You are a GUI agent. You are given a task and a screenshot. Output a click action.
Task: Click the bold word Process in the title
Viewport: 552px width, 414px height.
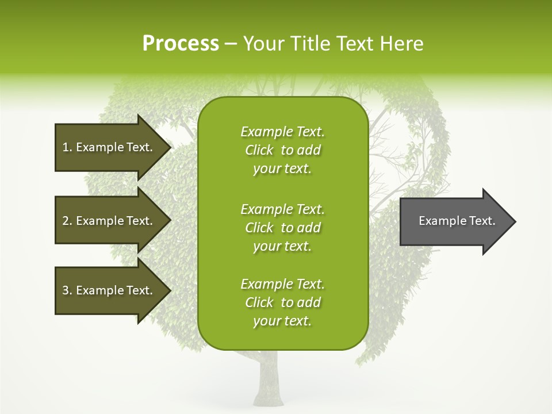(x=181, y=44)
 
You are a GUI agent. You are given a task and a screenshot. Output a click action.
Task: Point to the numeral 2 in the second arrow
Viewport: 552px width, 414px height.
(x=66, y=221)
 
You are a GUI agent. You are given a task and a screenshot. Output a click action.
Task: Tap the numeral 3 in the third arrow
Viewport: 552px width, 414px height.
(x=66, y=290)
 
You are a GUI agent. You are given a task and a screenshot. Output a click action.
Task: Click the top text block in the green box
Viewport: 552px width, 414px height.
(x=282, y=150)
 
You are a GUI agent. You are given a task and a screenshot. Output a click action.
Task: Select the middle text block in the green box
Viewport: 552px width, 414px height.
(x=282, y=228)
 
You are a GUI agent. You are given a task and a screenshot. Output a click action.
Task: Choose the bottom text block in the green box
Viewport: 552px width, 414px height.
(x=282, y=302)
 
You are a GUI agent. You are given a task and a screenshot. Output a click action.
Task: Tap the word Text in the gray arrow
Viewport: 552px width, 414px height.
(x=482, y=221)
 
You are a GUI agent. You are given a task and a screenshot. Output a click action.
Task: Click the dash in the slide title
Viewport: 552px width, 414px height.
(x=231, y=44)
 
